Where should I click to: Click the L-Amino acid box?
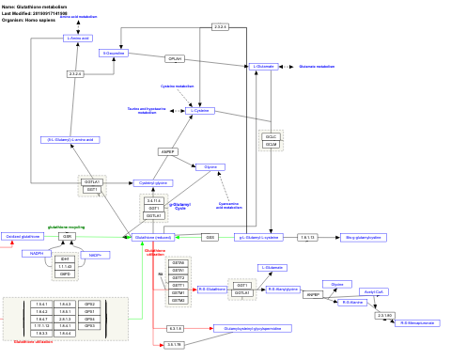[82, 38]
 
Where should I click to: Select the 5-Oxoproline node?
[114, 53]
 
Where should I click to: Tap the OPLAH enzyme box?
[175, 58]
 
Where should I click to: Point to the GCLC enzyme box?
[271, 136]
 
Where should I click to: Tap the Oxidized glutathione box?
[23, 236]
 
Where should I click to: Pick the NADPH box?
[36, 253]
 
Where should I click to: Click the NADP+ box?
[95, 254]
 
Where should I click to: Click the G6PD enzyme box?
[65, 274]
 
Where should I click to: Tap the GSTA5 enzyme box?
[179, 261]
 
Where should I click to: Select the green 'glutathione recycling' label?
[67, 227]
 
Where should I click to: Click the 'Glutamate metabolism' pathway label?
[316, 67]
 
